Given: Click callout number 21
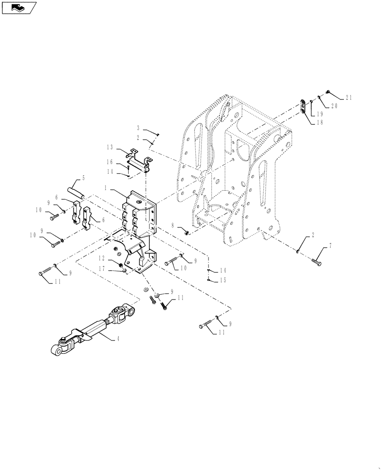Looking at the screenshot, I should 349,97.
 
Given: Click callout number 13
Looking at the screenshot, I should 109,147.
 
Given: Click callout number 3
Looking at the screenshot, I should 139,128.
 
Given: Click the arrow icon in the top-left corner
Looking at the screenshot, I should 19,8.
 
